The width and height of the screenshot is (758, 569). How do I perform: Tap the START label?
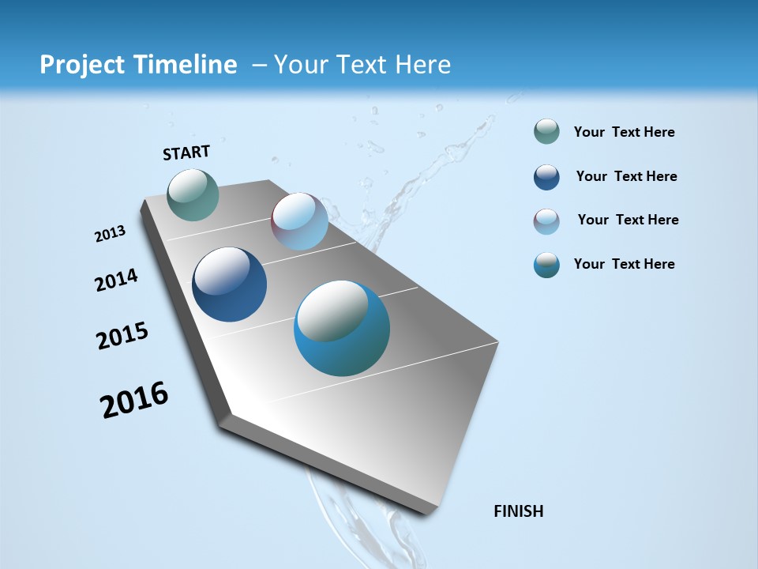(x=186, y=153)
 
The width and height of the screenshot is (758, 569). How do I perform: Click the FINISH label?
(x=519, y=511)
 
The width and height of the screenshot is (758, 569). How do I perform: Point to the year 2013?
(x=110, y=234)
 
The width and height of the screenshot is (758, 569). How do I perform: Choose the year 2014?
(x=116, y=280)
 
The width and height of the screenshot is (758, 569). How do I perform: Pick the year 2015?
(x=122, y=336)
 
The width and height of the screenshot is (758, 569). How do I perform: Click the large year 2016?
(x=134, y=400)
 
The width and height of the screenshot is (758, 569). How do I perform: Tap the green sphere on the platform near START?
(x=193, y=194)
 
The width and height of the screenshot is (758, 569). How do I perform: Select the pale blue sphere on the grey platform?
(x=299, y=221)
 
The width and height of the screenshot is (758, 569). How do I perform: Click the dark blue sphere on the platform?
(x=230, y=284)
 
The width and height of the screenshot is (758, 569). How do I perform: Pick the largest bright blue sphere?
(x=342, y=328)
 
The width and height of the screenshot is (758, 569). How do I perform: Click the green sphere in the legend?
(x=546, y=132)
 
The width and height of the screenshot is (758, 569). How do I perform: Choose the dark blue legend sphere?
(x=546, y=177)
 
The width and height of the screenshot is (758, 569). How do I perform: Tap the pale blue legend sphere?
(x=546, y=221)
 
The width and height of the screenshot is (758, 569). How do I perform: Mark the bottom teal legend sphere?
(x=546, y=265)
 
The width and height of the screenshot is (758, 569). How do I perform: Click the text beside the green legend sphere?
(x=625, y=133)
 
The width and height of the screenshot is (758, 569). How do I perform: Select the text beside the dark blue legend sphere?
(x=627, y=176)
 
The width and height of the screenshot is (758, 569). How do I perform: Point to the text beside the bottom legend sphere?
(x=625, y=264)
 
